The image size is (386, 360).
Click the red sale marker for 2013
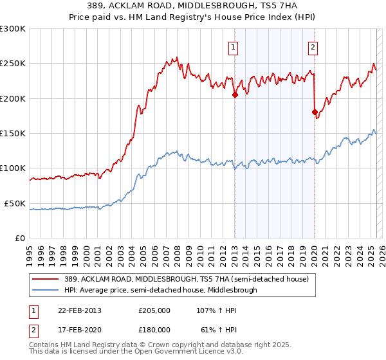pos(235,95)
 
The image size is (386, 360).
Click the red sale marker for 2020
pos(315,113)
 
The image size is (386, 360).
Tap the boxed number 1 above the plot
pos(232,46)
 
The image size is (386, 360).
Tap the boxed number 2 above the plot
pos(312,46)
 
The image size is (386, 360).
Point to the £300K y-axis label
pos(13,29)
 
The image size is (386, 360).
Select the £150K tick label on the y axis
pos(13,133)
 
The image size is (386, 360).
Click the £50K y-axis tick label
pos(15,203)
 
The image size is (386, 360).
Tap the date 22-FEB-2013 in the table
pos(75,310)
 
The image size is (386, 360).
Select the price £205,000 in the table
pos(154,310)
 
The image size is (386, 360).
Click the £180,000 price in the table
pos(154,329)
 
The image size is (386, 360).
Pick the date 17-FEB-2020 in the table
pos(75,329)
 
